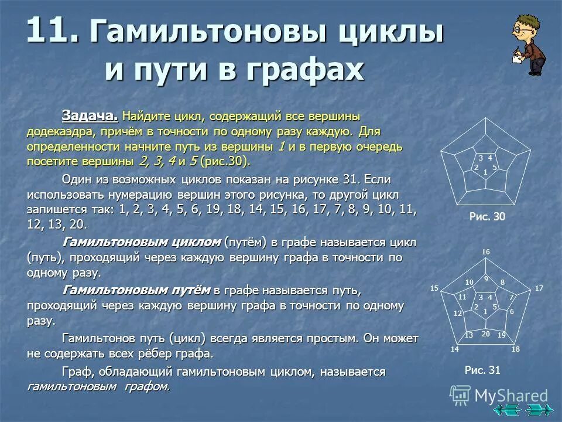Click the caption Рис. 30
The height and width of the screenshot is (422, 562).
[486, 217]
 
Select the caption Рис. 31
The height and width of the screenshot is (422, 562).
[482, 370]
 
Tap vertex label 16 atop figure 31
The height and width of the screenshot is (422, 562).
[485, 252]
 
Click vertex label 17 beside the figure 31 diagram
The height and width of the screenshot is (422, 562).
[539, 288]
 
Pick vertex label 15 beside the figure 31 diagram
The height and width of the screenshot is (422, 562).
[434, 288]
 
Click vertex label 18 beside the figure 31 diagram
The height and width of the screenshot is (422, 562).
[515, 349]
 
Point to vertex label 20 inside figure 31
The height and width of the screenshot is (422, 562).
[485, 333]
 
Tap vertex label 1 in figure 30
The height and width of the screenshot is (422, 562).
[485, 172]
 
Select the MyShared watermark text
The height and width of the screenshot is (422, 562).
[510, 396]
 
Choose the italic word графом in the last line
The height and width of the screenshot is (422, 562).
[146, 387]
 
